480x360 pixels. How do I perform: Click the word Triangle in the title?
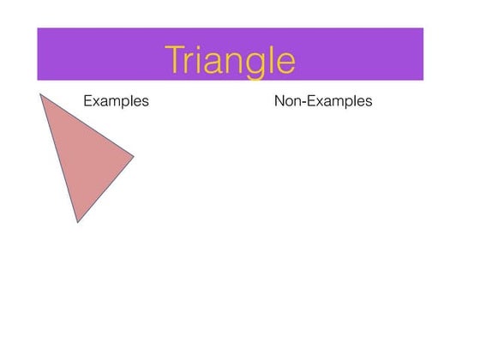coord(231,60)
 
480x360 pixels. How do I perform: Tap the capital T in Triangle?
coord(176,59)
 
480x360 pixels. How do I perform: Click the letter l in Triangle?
coord(275,58)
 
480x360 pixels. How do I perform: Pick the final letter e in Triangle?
coord(288,63)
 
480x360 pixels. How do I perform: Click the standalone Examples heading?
coord(116,101)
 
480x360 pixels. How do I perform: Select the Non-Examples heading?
coord(323,101)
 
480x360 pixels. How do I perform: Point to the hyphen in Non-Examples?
coord(303,103)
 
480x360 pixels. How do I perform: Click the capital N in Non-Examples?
coord(279,101)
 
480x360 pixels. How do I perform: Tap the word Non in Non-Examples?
coord(287,101)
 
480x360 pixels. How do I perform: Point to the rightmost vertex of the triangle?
coord(135,156)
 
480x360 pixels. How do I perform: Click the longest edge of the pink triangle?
coord(59,159)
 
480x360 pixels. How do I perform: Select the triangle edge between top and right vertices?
coord(87,125)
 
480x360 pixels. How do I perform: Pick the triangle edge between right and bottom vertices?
coord(106,189)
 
